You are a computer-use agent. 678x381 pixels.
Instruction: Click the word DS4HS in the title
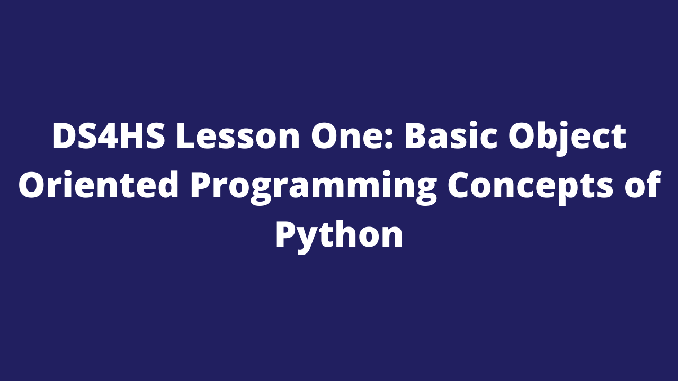pyautogui.click(x=109, y=136)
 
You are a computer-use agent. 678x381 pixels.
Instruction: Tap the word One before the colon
pyautogui.click(x=349, y=136)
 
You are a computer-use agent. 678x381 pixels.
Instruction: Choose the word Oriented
pyautogui.click(x=99, y=185)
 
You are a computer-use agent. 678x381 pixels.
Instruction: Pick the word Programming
pyautogui.click(x=314, y=188)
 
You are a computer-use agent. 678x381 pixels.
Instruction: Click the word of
pyautogui.click(x=641, y=185)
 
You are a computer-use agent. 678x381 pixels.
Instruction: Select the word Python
pyautogui.click(x=339, y=238)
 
